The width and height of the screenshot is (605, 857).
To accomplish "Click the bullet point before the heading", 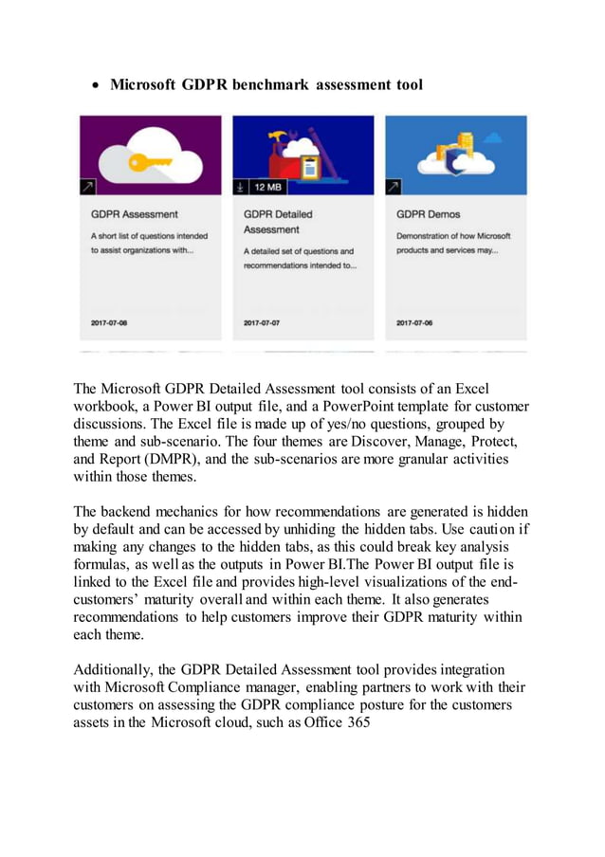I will coord(97,85).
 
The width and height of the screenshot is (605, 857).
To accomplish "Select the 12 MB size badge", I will coord(268,187).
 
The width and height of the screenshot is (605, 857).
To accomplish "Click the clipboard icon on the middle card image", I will coord(310,169).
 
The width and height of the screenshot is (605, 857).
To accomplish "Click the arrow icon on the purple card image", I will coord(87,187).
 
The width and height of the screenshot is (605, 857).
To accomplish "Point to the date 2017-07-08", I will coord(109,323).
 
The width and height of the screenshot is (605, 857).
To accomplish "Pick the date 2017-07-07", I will coord(262,323).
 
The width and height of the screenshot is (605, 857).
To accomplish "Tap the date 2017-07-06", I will coord(414,323).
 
